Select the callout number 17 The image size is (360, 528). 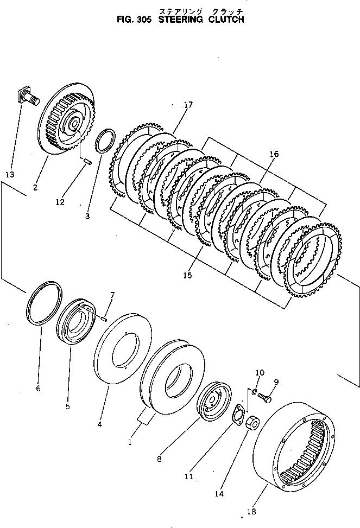[x=188, y=105]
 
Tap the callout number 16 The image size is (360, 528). [x=274, y=155]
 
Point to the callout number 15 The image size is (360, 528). [x=187, y=275]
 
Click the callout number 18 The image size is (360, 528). [x=251, y=511]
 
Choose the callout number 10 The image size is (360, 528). [x=260, y=373]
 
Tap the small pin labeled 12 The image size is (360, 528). [x=87, y=159]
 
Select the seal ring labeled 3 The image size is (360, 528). [x=104, y=141]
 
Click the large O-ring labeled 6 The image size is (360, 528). [x=44, y=304]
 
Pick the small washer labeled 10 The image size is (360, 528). [x=254, y=391]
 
